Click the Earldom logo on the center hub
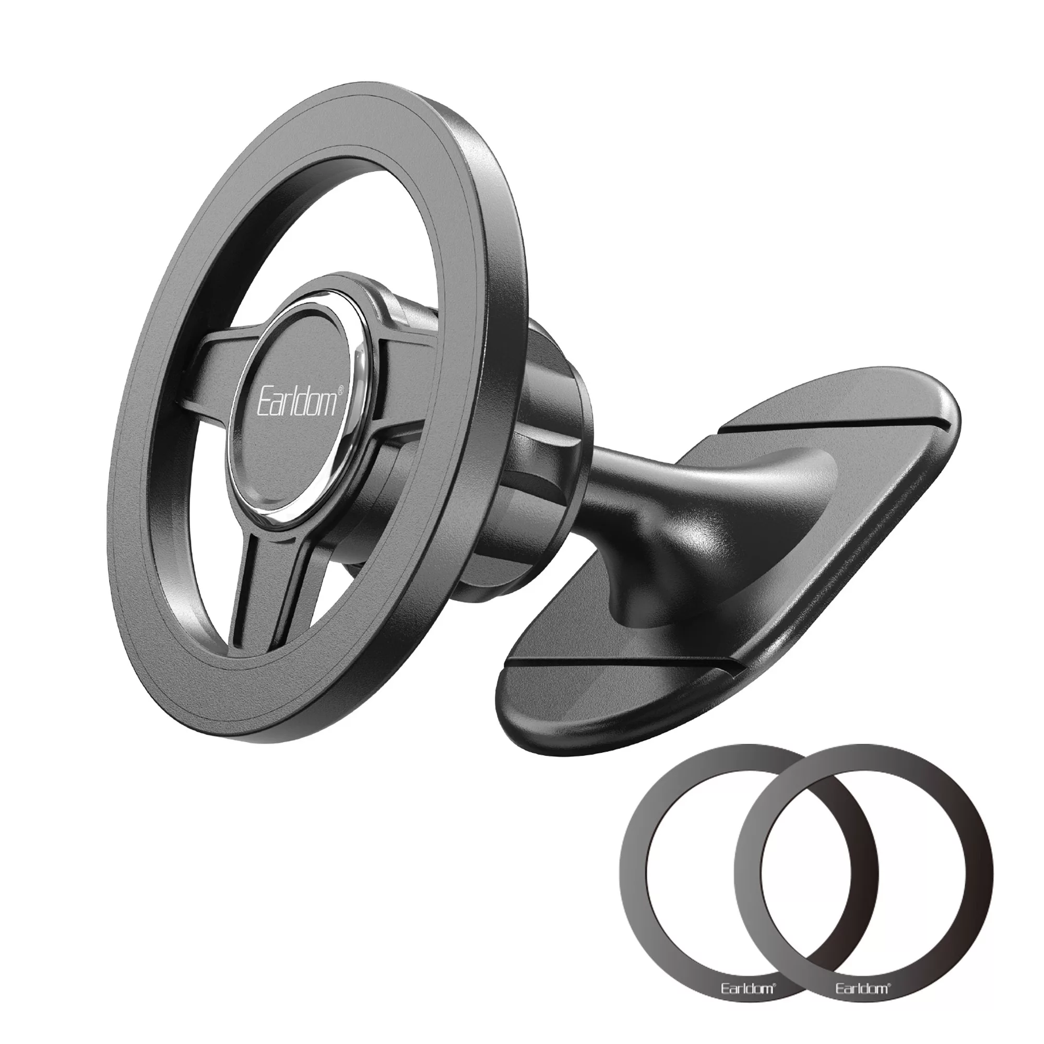[298, 399]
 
